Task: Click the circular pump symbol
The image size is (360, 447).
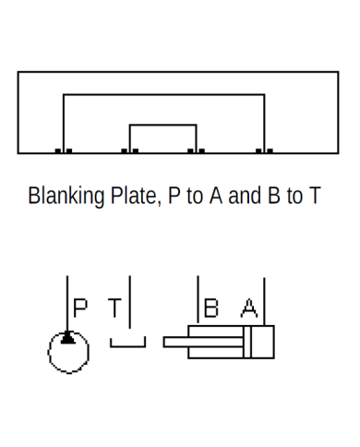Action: [x=68, y=351]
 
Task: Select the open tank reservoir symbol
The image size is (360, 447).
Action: [x=128, y=344]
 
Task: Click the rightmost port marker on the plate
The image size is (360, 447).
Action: [x=265, y=151]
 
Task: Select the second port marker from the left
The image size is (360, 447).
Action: [x=129, y=151]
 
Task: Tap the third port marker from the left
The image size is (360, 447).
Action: [x=196, y=151]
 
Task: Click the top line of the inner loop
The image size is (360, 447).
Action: [x=162, y=125]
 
